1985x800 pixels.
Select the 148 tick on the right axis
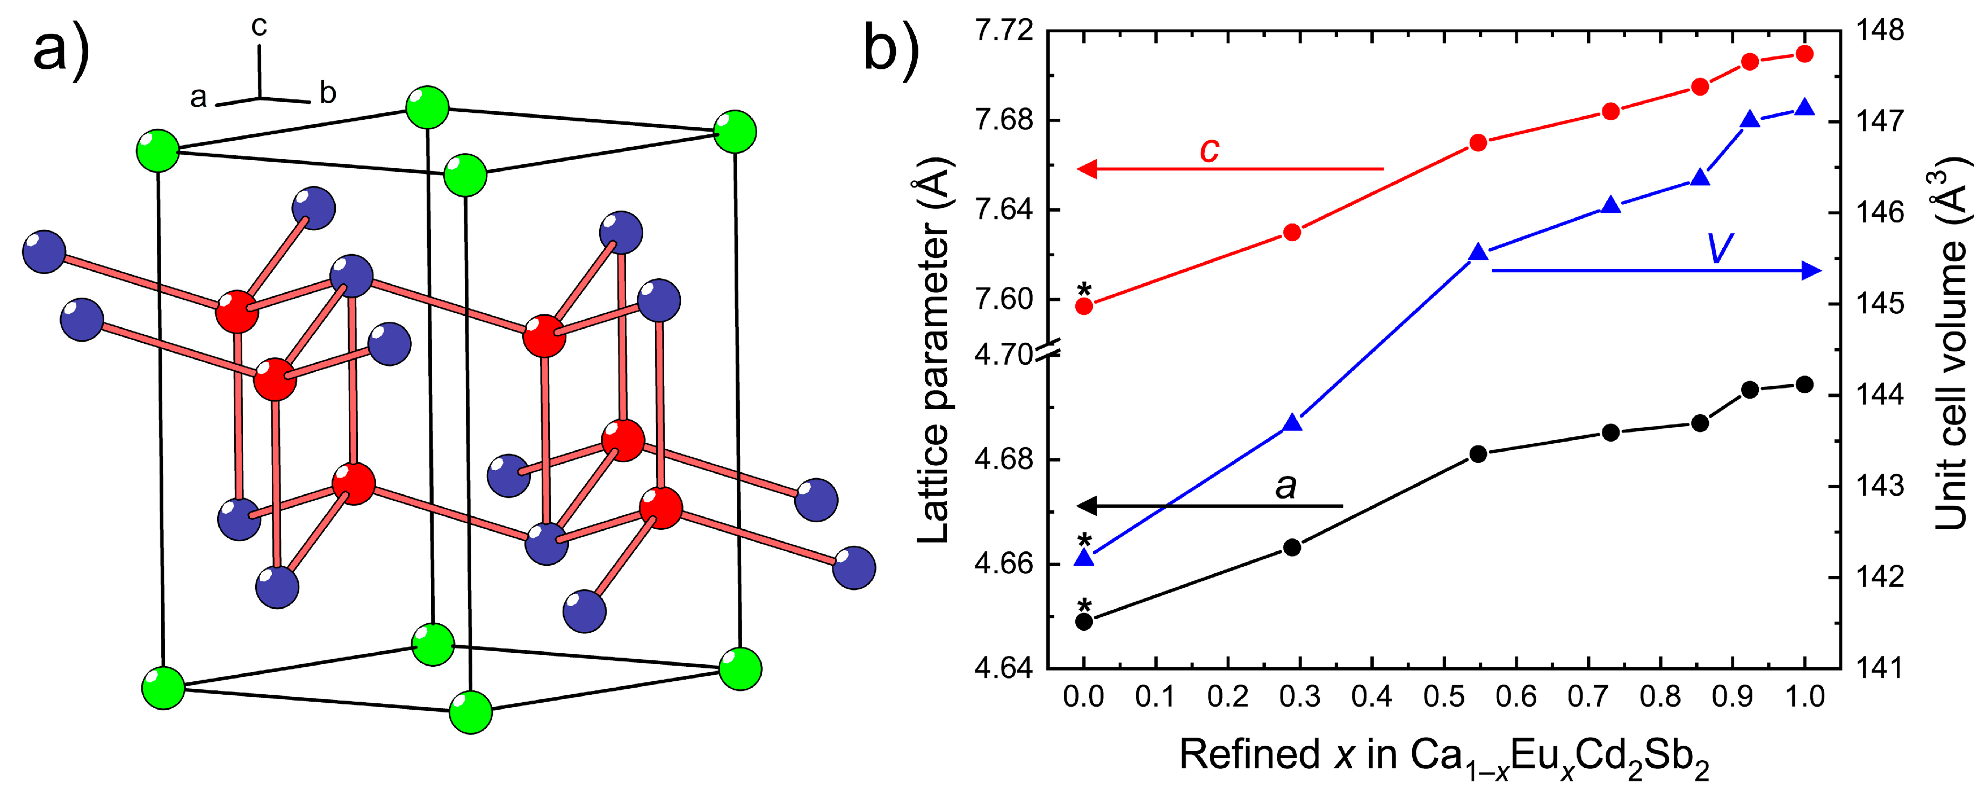pos(1880,31)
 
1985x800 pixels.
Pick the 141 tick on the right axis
pos(1880,667)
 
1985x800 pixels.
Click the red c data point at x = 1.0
pos(1804,54)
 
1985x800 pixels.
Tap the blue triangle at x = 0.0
pos(1084,557)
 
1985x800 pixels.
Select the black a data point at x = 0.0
pos(1084,621)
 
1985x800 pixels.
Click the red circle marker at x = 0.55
pos(1478,142)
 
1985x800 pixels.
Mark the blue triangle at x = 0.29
pos(1293,422)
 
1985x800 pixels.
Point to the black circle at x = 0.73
pos(1610,433)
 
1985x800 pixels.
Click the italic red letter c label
pos(1209,149)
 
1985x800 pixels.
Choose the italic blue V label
pos(1720,248)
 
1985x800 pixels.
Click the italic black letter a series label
pos(1285,486)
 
